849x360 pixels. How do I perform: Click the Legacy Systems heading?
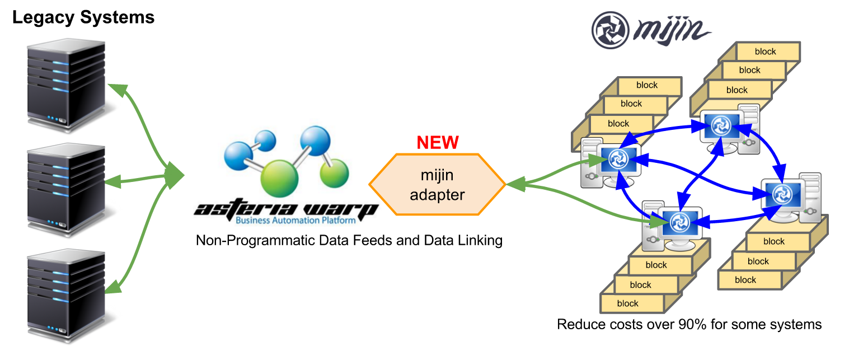83,17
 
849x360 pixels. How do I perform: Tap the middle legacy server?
67,188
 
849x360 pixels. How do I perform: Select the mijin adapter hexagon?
437,185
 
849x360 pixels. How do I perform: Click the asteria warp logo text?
285,211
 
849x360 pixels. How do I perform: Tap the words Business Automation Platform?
295,221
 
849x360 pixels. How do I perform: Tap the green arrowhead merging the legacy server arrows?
176,176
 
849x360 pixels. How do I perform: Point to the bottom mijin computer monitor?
679,223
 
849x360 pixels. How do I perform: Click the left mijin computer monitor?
619,160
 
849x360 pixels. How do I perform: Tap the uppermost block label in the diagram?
765,52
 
